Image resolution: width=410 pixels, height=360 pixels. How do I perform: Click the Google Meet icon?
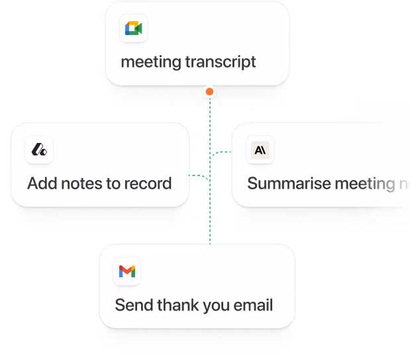133,28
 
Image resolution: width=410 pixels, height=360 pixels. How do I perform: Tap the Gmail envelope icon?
127,271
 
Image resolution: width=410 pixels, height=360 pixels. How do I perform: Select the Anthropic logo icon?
260,150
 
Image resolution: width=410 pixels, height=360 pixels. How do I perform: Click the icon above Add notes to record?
39,150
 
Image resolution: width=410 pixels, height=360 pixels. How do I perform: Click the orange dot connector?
209,91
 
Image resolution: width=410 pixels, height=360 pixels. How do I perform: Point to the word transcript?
221,63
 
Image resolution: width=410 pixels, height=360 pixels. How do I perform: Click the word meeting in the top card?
150,63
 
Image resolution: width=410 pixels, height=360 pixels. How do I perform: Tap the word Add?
41,183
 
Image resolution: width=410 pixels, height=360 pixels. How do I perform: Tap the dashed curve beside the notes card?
202,178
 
